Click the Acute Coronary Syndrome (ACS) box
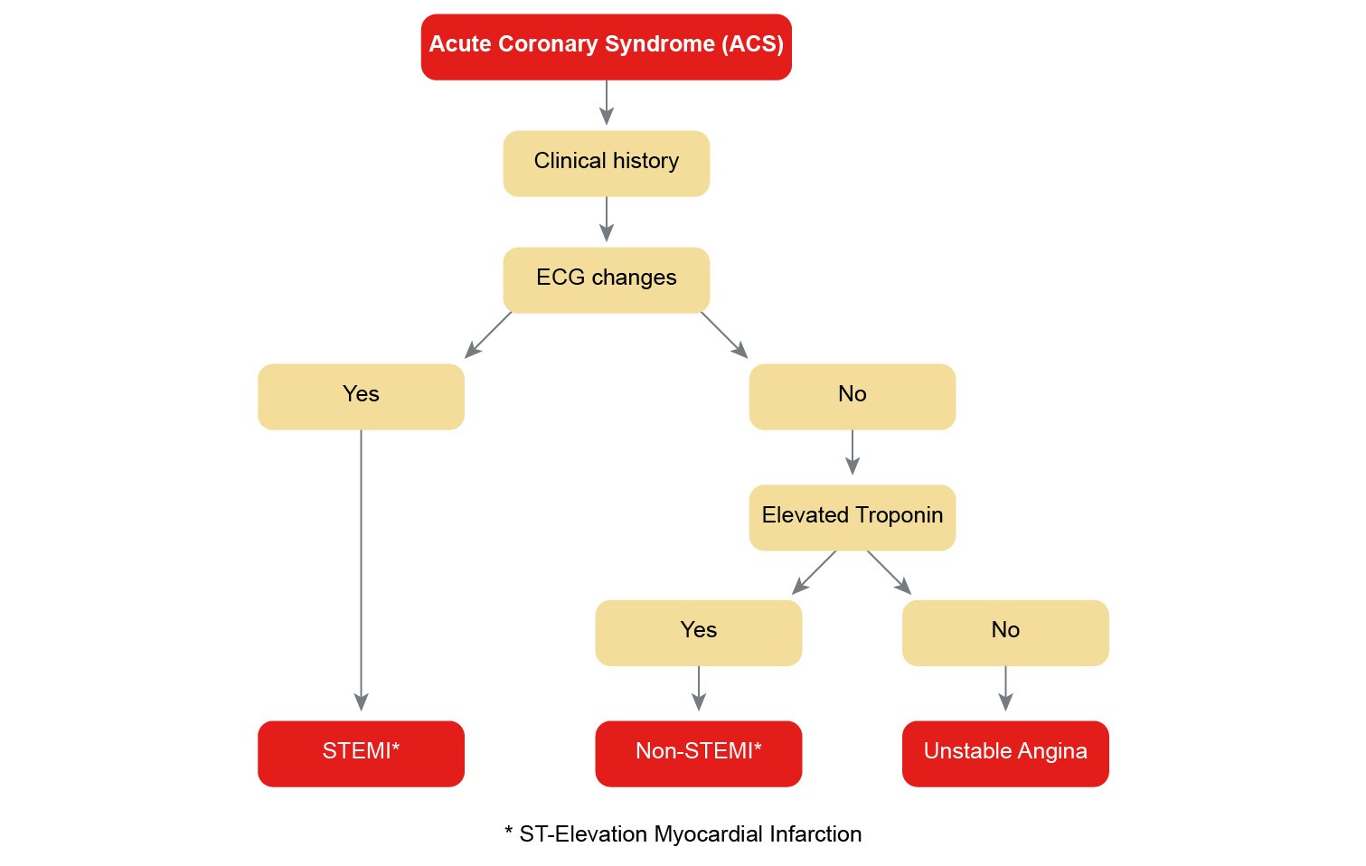pyautogui.click(x=606, y=47)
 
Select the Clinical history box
pyautogui.click(x=606, y=163)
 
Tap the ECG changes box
pyautogui.click(x=606, y=279)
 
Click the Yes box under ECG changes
pyautogui.click(x=361, y=396)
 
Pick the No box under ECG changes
pyautogui.click(x=852, y=396)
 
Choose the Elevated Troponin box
pyautogui.click(x=852, y=517)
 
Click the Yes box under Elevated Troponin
pyautogui.click(x=698, y=632)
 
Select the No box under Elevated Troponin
pyautogui.click(x=1004, y=632)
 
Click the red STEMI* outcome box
pyautogui.click(x=361, y=753)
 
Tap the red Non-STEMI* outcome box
pyautogui.click(x=698, y=753)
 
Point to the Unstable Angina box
pyautogui.click(x=1004, y=753)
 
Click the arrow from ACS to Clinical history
pyautogui.click(x=607, y=102)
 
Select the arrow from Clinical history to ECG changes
pyautogui.click(x=607, y=219)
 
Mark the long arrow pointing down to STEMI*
pyautogui.click(x=361, y=569)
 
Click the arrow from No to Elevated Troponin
pyautogui.click(x=852, y=453)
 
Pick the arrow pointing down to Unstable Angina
pyautogui.click(x=1005, y=689)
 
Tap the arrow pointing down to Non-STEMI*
pyautogui.click(x=698, y=689)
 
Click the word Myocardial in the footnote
pyautogui.click(x=709, y=834)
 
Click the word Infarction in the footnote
pyautogui.click(x=816, y=834)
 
